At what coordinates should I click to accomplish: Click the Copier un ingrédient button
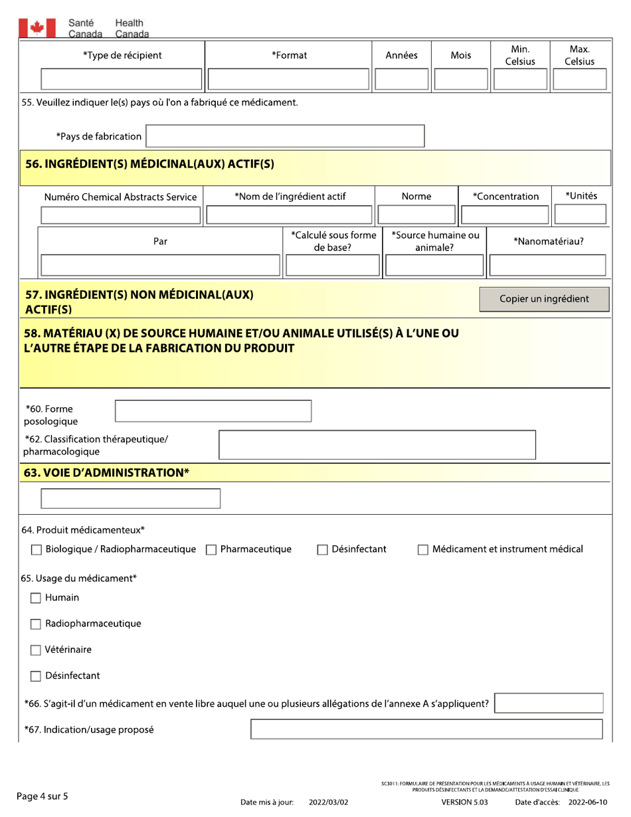pyautogui.click(x=544, y=299)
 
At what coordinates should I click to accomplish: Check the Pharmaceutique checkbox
pyautogui.click(x=211, y=549)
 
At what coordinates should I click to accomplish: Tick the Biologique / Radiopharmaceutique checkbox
pyautogui.click(x=37, y=549)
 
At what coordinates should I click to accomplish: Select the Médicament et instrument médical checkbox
pyautogui.click(x=423, y=549)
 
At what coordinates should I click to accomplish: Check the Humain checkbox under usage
pyautogui.click(x=37, y=598)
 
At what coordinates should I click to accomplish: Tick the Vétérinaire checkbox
pyautogui.click(x=37, y=650)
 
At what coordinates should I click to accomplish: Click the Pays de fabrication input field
pyautogui.click(x=285, y=136)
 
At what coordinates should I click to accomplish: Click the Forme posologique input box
pyautogui.click(x=213, y=411)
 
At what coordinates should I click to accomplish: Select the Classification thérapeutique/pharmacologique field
pyautogui.click(x=377, y=445)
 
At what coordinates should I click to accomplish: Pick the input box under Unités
pyautogui.click(x=580, y=215)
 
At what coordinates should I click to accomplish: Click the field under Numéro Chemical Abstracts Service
pyautogui.click(x=121, y=215)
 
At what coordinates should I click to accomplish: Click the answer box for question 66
pyautogui.click(x=549, y=703)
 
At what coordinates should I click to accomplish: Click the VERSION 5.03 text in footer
pyautogui.click(x=464, y=802)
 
